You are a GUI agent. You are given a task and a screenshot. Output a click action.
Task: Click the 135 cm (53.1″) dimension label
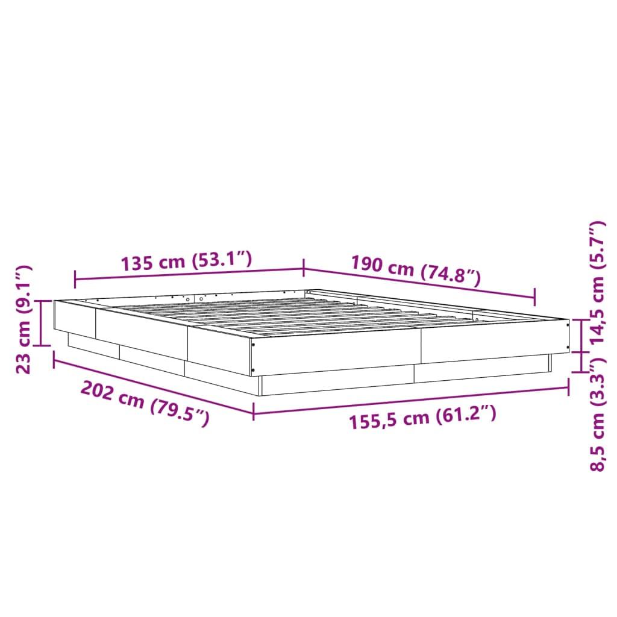coord(186,262)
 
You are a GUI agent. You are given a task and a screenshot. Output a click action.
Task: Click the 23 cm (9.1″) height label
coord(25,319)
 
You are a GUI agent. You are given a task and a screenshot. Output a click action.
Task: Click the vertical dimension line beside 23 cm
coord(41,323)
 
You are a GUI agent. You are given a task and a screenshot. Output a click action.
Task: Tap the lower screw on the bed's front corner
coord(254,369)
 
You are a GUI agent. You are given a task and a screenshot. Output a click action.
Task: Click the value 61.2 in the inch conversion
coord(465,415)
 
